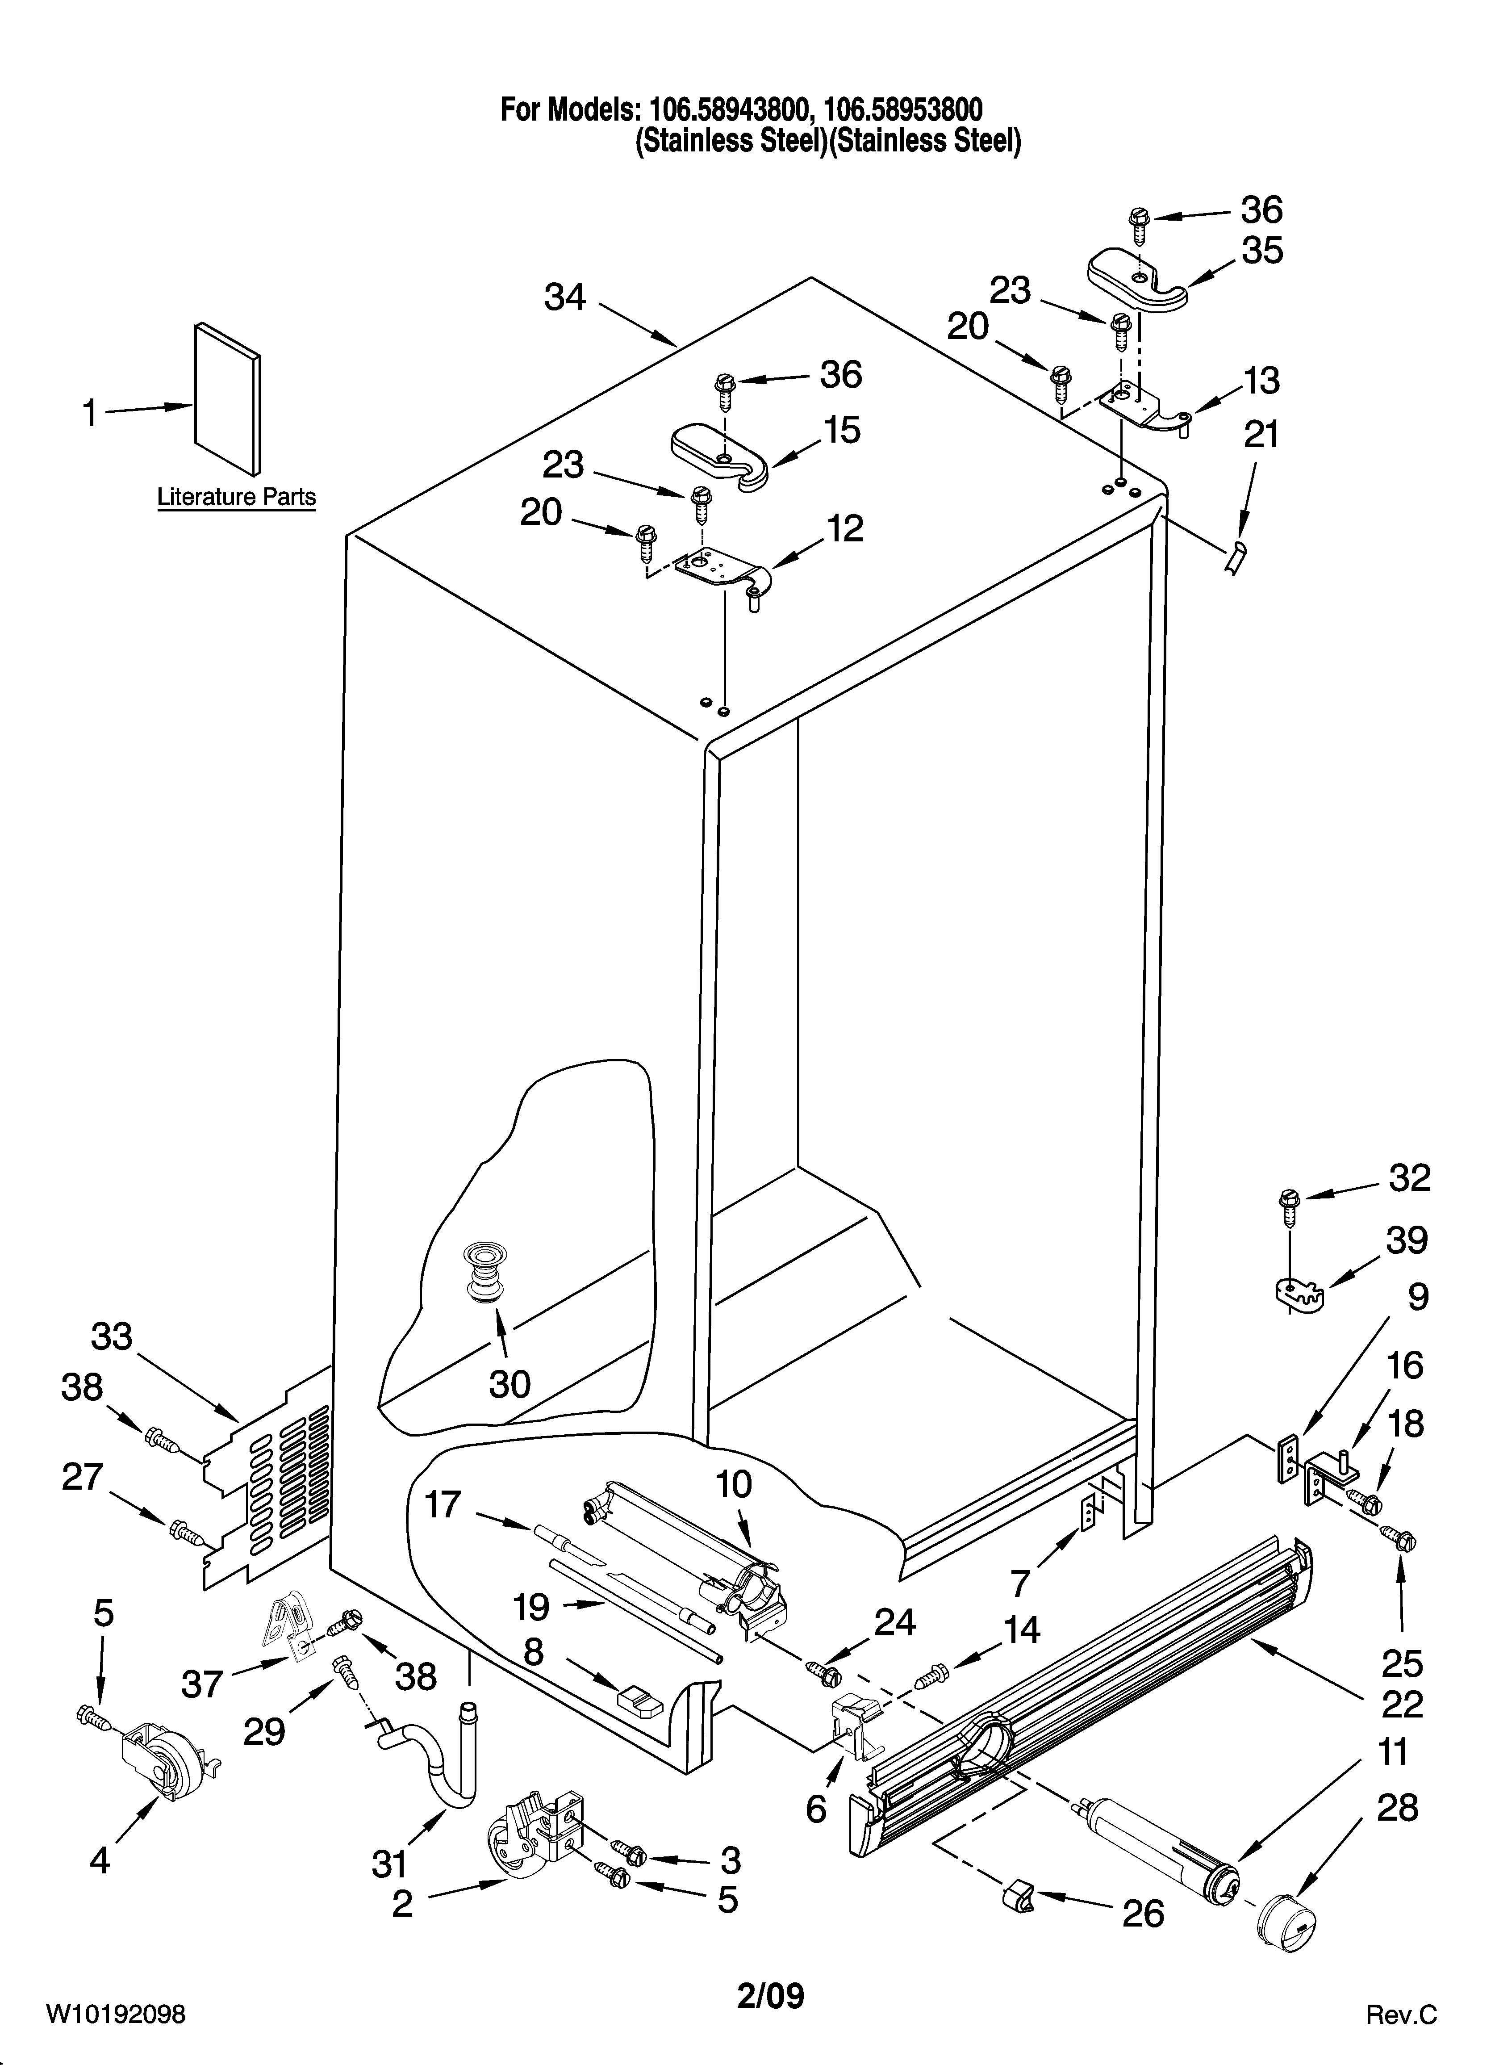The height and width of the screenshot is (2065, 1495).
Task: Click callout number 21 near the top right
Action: [x=1261, y=435]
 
